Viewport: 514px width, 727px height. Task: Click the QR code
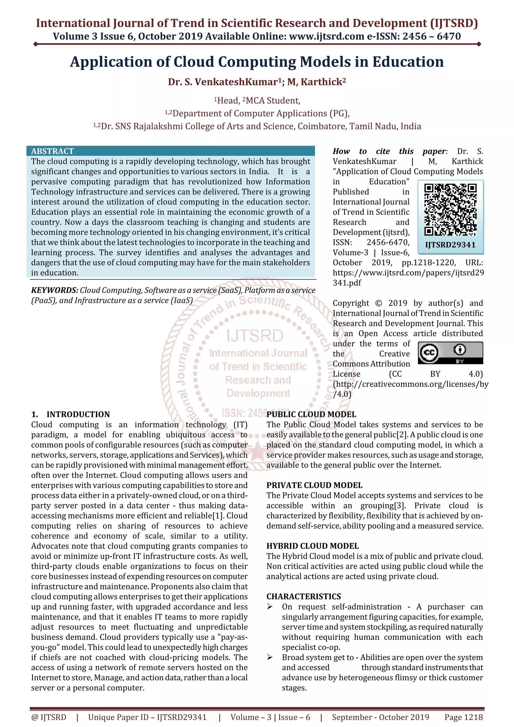tap(450, 210)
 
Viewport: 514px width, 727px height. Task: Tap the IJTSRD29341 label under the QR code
tap(450, 245)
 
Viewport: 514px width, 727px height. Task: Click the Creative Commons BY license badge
tap(450, 352)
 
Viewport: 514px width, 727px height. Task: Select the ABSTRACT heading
tap(52, 151)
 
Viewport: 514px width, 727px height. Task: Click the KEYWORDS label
tap(54, 290)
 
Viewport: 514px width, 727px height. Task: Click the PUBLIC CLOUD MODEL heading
tap(311, 414)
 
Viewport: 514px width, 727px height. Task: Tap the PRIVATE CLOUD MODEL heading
tap(314, 485)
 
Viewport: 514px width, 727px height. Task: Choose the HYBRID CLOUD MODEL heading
tap(312, 546)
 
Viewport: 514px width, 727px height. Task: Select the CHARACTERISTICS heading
tap(303, 597)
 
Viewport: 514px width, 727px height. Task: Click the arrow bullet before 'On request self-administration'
tap(270, 607)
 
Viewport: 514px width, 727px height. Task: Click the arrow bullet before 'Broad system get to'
tap(270, 657)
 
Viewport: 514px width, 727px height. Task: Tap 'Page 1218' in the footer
tap(464, 717)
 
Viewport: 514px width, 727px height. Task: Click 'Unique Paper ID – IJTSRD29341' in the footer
tap(147, 717)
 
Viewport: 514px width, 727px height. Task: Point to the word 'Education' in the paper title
tap(408, 62)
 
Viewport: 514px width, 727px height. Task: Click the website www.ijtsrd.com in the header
tap(327, 36)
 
